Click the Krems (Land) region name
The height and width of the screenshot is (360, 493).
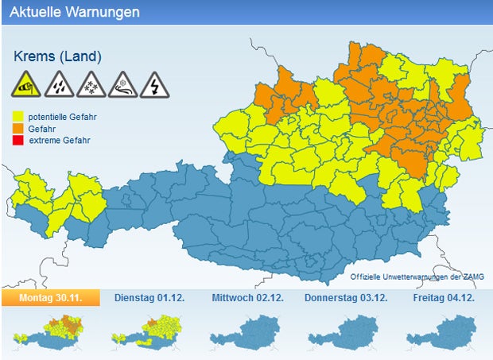[x=57, y=56]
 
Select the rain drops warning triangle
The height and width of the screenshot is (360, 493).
[x=57, y=84]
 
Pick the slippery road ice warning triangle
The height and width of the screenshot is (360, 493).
[x=121, y=84]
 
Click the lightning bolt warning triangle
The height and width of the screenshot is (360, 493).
[x=153, y=84]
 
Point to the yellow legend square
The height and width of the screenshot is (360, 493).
[x=18, y=117]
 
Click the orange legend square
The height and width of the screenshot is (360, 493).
[x=18, y=129]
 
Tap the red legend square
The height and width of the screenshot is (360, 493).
[x=18, y=141]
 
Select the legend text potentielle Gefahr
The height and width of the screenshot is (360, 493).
[x=62, y=117]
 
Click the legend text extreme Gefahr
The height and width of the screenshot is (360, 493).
[x=60, y=141]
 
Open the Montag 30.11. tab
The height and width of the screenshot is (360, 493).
[x=51, y=297]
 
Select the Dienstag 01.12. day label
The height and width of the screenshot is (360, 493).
[x=149, y=297]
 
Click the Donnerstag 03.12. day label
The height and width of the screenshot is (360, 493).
[x=346, y=297]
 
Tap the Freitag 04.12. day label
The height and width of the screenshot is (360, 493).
[x=444, y=297]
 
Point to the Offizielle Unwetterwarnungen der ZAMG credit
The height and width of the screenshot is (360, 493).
[x=417, y=276]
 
